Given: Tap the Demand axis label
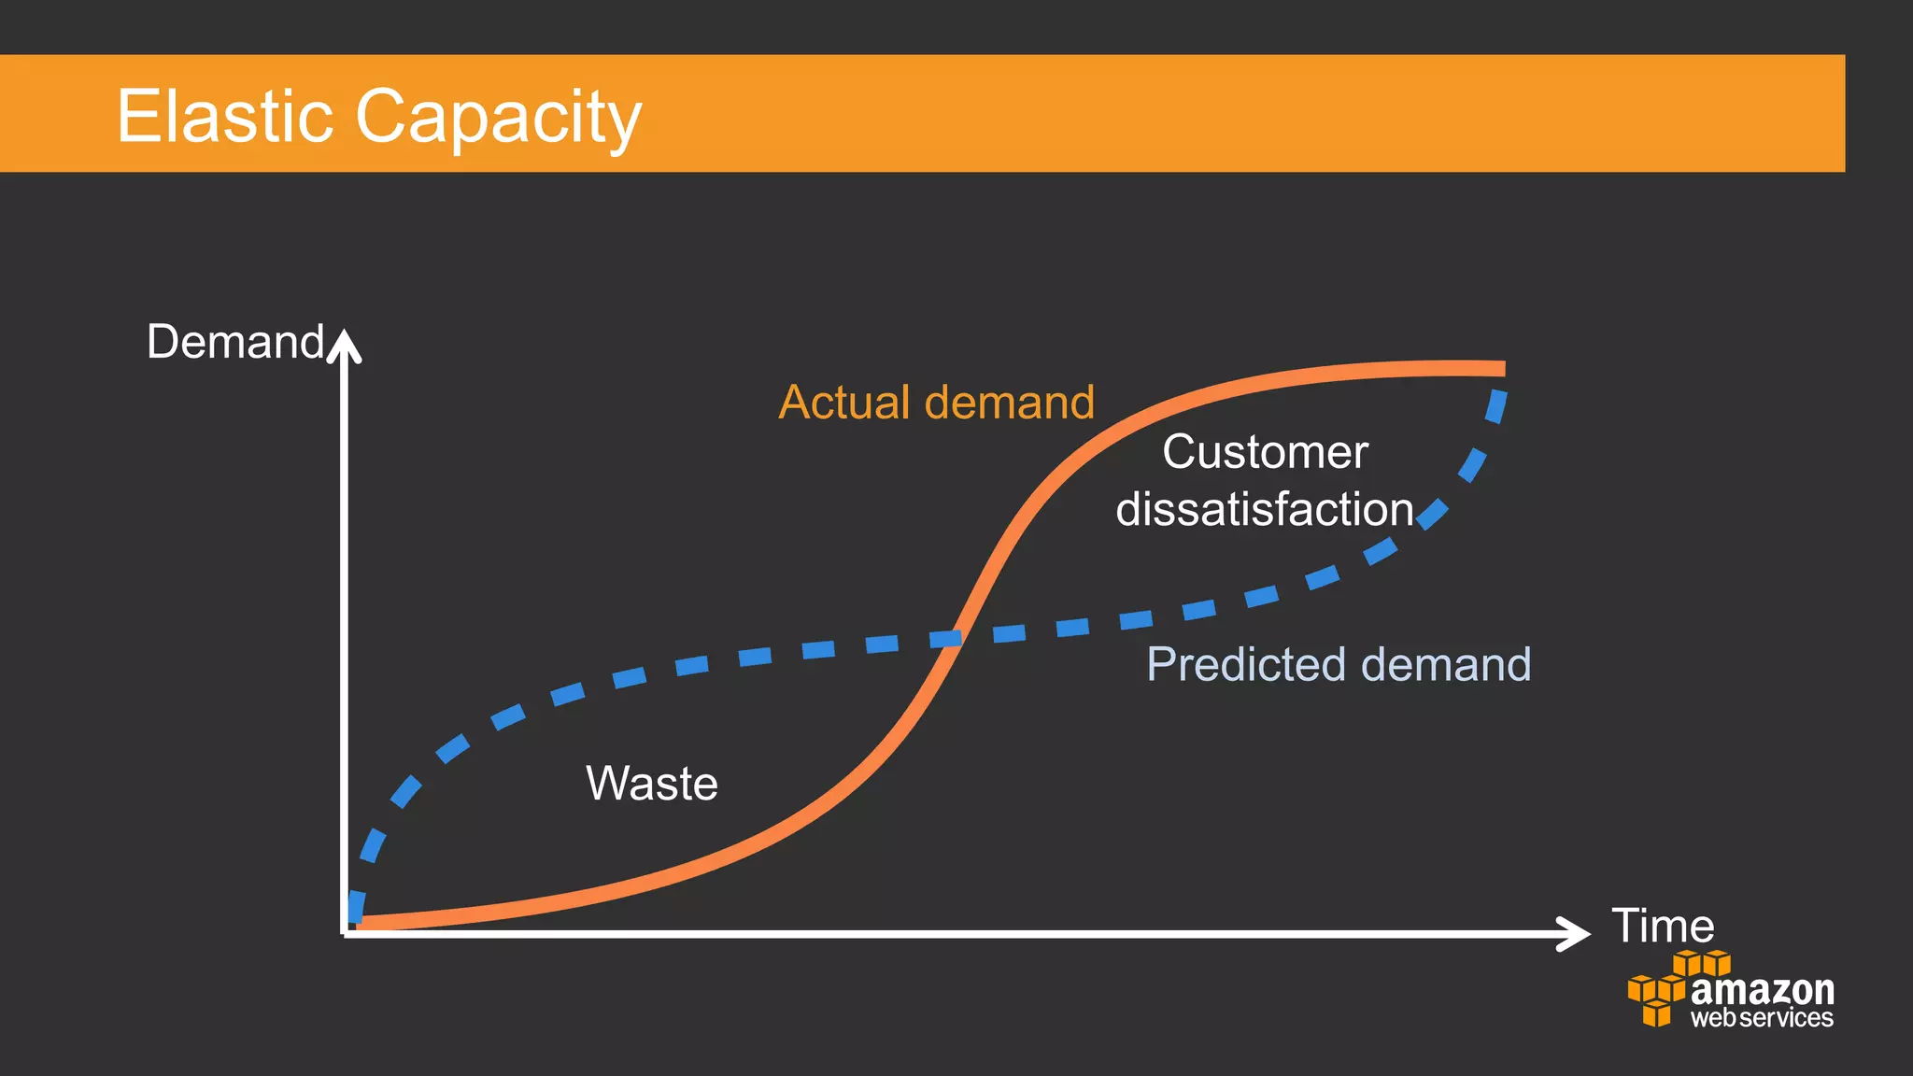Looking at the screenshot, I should coord(234,342).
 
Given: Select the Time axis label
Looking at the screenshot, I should coord(1663,926).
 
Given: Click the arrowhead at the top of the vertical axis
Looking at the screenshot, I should coord(345,344).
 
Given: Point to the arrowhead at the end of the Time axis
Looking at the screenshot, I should coord(1577,933).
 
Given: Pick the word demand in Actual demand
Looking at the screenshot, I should coord(1009,403).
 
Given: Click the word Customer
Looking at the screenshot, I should coord(1265,452).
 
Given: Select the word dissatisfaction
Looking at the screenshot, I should coord(1265,510).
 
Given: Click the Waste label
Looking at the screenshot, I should coord(652,783).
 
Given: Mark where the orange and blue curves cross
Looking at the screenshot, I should coord(955,638).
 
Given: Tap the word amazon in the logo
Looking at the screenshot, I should coord(1762,989).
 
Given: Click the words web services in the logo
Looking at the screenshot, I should coord(1762,1017).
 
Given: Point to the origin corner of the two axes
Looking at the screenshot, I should coord(346,933).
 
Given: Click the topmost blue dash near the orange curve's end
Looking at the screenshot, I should coord(1496,405).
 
